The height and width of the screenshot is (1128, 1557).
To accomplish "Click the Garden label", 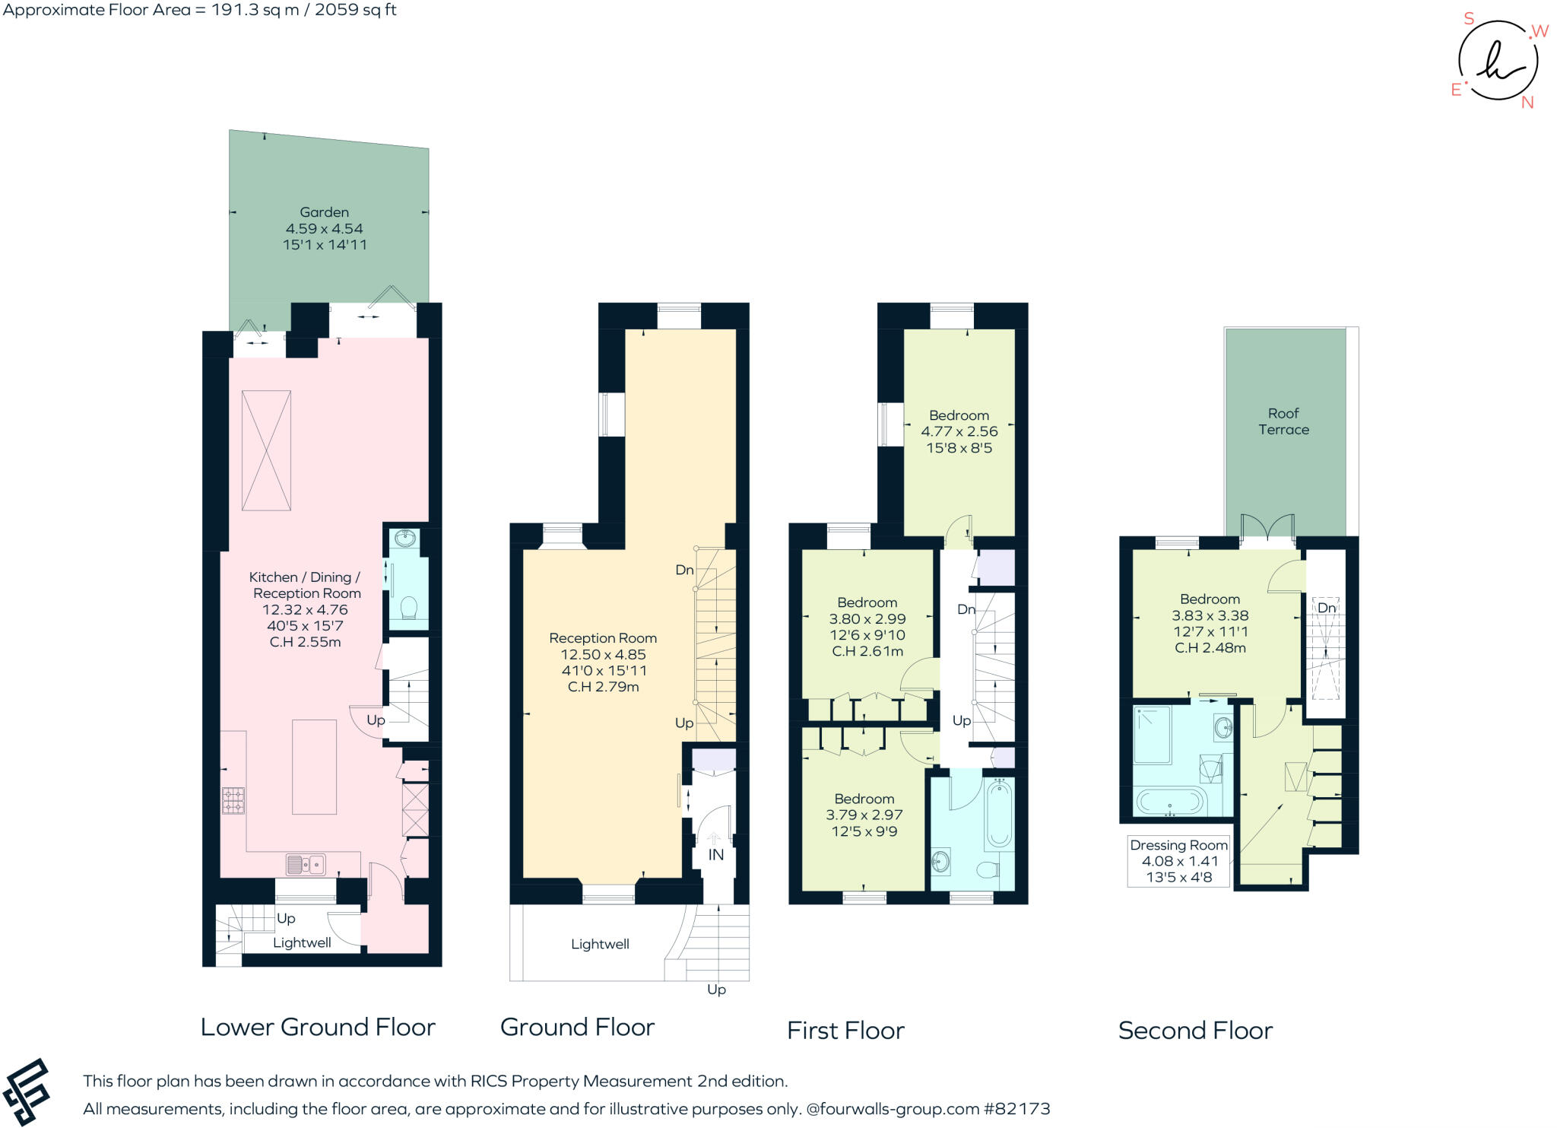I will click(x=325, y=212).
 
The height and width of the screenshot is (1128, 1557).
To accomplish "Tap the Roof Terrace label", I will click(x=1283, y=421).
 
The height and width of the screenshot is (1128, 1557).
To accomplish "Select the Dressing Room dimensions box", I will click(x=1178, y=861).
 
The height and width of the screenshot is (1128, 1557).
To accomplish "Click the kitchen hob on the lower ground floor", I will click(x=233, y=800).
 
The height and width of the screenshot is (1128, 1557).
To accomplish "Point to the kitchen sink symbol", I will click(x=306, y=864).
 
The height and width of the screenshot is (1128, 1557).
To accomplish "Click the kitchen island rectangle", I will click(x=315, y=767).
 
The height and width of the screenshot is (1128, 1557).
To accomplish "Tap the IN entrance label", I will click(x=715, y=855).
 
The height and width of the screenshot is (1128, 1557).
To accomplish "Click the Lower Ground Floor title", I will click(x=318, y=1027).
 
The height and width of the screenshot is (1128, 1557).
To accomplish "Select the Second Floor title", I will click(x=1195, y=1031).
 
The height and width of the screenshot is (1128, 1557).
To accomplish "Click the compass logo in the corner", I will click(x=1497, y=61).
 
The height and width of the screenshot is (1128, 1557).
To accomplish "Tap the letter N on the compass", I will click(x=1527, y=103).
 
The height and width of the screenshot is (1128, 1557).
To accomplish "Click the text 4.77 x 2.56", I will click(x=959, y=431).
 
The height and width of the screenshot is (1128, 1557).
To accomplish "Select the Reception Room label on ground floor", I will click(x=603, y=638).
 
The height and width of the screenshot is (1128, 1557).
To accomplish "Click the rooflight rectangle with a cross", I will click(x=266, y=450).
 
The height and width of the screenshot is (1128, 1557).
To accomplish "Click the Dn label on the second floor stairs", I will click(x=1327, y=608).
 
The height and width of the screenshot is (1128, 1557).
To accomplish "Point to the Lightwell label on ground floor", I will click(x=600, y=944).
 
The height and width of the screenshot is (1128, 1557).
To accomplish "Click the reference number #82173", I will click(x=1016, y=1109).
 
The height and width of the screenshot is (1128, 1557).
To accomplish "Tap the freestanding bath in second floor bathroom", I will click(x=1170, y=801).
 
